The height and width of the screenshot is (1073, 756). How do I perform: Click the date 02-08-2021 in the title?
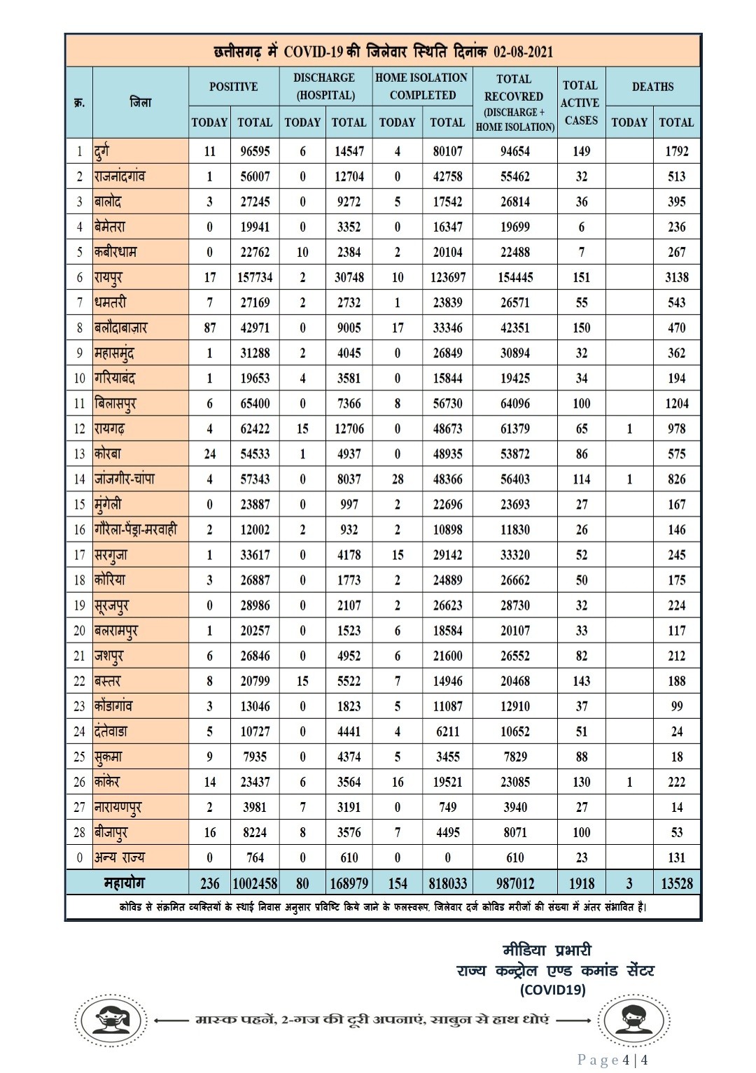click(523, 52)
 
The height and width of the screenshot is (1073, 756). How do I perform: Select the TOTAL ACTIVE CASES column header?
click(581, 102)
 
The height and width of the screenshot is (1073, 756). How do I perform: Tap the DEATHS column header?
click(652, 87)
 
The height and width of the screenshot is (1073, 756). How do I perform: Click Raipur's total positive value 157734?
click(255, 277)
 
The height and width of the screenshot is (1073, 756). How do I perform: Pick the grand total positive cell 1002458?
click(255, 883)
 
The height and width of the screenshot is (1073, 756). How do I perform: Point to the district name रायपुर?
click(109, 277)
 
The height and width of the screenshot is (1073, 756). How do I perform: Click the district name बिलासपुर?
click(115, 404)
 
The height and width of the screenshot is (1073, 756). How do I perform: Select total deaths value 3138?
click(676, 277)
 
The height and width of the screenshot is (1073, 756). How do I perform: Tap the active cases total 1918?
click(581, 883)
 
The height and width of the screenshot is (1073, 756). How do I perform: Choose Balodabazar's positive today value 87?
click(209, 328)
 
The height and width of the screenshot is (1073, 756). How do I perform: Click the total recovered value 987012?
click(515, 883)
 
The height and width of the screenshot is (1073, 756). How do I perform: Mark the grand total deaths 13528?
click(676, 883)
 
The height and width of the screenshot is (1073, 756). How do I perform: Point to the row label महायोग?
click(125, 883)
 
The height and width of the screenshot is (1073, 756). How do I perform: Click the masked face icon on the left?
click(111, 1021)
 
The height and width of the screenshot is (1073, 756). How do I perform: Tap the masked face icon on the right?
click(633, 1021)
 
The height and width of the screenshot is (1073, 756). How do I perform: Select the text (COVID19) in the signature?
click(552, 990)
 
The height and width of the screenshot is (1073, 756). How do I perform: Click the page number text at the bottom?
click(612, 1060)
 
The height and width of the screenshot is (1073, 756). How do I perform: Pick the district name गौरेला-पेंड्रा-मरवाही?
click(136, 530)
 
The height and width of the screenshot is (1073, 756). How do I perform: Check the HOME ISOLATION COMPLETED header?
click(422, 86)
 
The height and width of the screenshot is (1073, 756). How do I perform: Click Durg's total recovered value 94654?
click(515, 151)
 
